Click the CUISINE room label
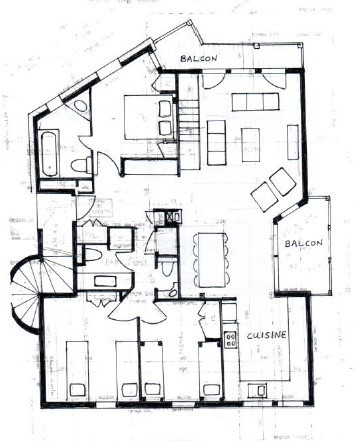[267, 335]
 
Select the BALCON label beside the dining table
[303, 244]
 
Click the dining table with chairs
[210, 254]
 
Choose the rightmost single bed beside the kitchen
[209, 370]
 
